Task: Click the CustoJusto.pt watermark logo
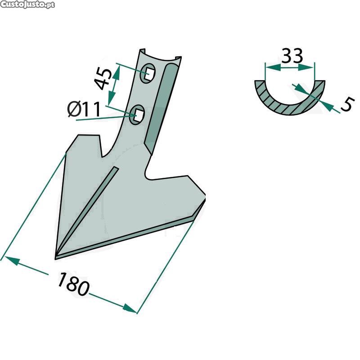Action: pyautogui.click(x=27, y=4)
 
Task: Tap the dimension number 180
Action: pyautogui.click(x=72, y=284)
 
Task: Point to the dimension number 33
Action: pyautogui.click(x=292, y=56)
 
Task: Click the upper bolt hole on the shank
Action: pyautogui.click(x=148, y=73)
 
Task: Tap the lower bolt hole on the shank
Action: pyautogui.click(x=137, y=115)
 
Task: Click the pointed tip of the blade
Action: pyautogui.click(x=55, y=259)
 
